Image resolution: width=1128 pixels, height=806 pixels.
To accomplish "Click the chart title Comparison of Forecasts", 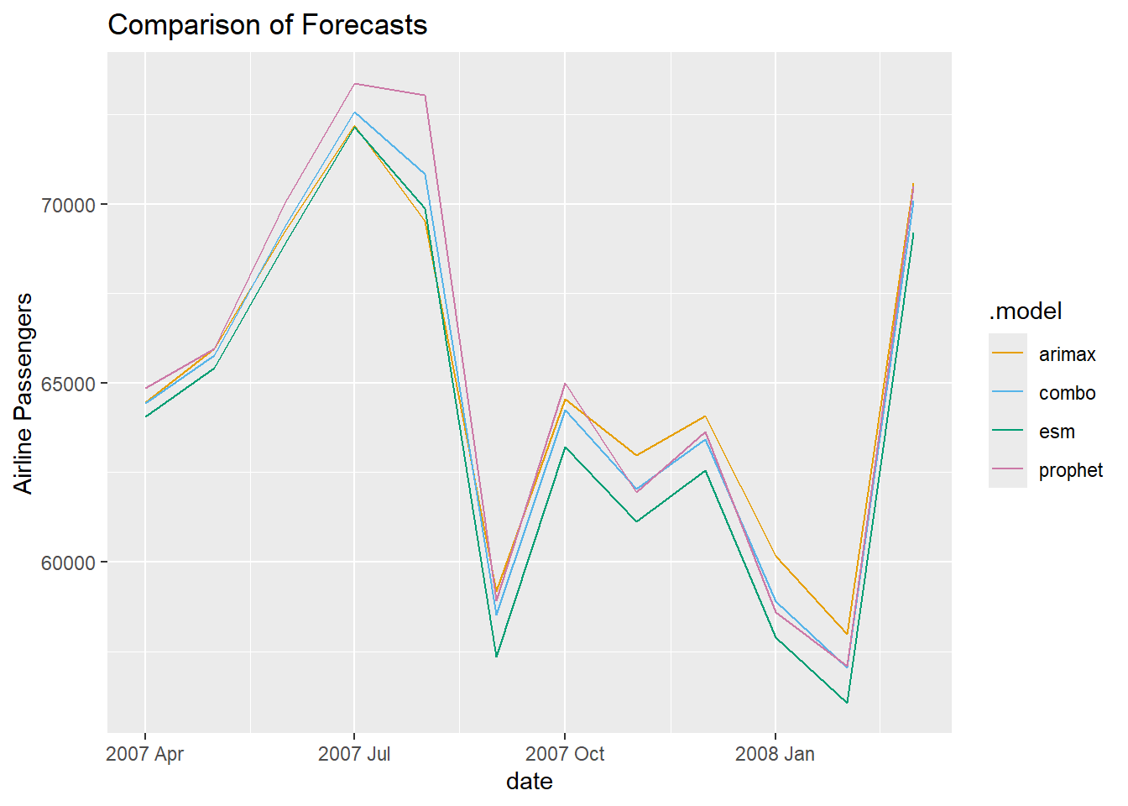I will pos(268,25).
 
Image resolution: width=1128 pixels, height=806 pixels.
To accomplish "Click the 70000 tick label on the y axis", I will pos(68,205).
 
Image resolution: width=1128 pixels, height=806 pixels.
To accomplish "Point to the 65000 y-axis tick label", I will pos(68,384).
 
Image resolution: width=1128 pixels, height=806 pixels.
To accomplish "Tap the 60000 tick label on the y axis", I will pos(68,563).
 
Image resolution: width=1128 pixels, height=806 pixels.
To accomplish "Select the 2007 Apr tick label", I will pos(144,754).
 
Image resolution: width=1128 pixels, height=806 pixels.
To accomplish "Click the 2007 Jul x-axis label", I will pos(354,754).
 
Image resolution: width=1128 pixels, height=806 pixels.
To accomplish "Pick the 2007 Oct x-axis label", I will pos(565,754).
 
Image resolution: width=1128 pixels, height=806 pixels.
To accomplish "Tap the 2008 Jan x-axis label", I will pos(775,754).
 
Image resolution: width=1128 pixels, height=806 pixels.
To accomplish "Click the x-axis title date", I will pos(530,782).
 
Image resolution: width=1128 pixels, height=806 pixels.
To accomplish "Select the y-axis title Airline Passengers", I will pos(23,393).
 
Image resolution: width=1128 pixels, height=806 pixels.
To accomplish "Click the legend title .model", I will pos(1026,311).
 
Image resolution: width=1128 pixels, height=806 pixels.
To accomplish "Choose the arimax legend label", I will pos(1067,354).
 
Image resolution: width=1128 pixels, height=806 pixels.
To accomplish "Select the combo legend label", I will pos(1067,393).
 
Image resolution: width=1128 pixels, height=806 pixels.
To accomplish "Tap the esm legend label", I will pos(1057,432).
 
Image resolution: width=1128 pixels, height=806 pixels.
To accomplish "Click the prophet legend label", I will pos(1070,470).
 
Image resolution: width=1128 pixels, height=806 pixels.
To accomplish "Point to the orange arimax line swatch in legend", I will pos(1007,353).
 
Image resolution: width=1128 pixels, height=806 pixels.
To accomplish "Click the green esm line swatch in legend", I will pos(1007,431).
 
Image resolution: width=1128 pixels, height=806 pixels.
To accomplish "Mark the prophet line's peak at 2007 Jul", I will pos(355,84).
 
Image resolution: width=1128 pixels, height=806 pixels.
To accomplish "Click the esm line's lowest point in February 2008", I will pos(847,702).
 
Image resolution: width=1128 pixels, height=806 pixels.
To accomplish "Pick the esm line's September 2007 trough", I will pos(496,657).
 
